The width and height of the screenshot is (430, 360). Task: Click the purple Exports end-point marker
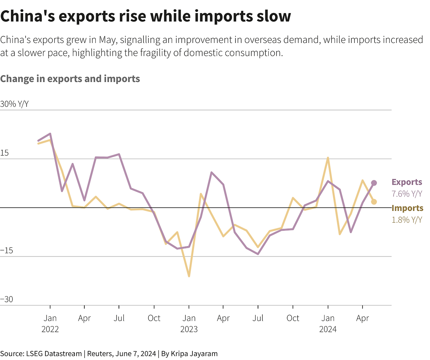click(374, 183)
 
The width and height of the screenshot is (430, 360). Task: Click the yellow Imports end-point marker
click(374, 202)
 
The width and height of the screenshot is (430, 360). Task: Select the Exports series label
click(406, 182)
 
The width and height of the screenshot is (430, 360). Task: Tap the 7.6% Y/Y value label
click(406, 194)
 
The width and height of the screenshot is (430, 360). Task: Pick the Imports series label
click(407, 208)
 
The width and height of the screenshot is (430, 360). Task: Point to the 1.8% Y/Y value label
click(406, 220)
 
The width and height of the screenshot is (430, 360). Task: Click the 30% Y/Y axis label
click(14, 104)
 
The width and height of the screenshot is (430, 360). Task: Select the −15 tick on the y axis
click(6, 251)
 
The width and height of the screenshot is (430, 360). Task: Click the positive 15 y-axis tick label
click(4, 153)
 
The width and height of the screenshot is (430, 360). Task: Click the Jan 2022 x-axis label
click(50, 323)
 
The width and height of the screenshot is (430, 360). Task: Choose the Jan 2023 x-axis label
click(189, 323)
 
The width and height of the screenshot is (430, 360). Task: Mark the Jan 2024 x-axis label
click(328, 323)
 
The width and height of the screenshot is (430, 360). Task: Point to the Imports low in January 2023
click(189, 276)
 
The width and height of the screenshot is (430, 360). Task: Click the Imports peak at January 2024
click(328, 158)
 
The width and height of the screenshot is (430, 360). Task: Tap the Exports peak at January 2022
click(50, 134)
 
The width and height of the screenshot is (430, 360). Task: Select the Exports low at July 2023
click(258, 254)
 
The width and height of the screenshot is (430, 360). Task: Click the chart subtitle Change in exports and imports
click(70, 79)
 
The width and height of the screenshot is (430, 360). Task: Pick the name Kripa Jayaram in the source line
click(194, 354)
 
